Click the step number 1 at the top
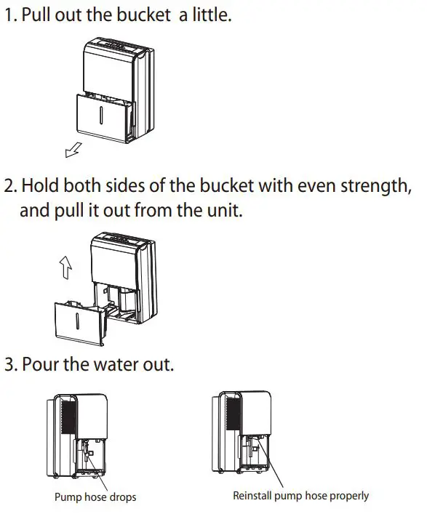[x=10, y=15]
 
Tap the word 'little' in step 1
[x=210, y=15]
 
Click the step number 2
[x=10, y=185]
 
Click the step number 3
[x=10, y=363]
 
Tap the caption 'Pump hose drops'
[x=95, y=497]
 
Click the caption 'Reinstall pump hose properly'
[x=300, y=496]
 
